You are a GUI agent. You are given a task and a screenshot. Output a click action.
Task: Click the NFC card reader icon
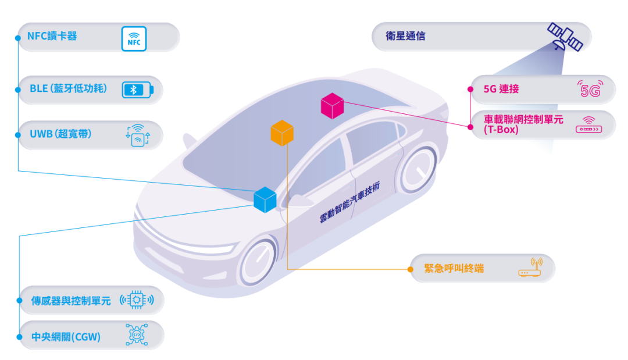click(x=134, y=37)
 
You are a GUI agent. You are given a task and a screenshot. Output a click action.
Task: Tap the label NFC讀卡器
click(x=52, y=36)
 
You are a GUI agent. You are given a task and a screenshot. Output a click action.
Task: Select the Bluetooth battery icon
click(x=138, y=90)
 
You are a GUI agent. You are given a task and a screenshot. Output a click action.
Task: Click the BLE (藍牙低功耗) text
click(x=68, y=89)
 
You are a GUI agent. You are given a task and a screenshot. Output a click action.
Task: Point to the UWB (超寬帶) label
click(x=60, y=134)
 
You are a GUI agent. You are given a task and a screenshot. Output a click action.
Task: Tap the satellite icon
click(x=565, y=36)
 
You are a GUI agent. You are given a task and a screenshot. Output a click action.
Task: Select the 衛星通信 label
click(x=405, y=36)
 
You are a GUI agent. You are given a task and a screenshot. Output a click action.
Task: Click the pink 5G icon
click(x=588, y=90)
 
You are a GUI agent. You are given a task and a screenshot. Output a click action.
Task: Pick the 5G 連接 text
click(x=501, y=89)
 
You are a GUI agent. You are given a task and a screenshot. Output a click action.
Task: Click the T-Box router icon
click(x=588, y=125)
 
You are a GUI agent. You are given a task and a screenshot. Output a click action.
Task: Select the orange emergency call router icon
click(x=529, y=268)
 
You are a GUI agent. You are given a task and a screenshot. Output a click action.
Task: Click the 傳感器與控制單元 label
click(x=70, y=301)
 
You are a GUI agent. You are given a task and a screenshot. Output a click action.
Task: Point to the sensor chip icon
click(x=137, y=300)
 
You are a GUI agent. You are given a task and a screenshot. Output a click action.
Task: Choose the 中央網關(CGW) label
click(x=66, y=337)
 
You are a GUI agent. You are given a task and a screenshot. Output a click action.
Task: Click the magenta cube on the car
click(x=332, y=106)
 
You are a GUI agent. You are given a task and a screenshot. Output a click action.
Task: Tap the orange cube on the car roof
click(x=282, y=133)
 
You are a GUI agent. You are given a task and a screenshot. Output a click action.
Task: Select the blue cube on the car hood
click(x=265, y=199)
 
